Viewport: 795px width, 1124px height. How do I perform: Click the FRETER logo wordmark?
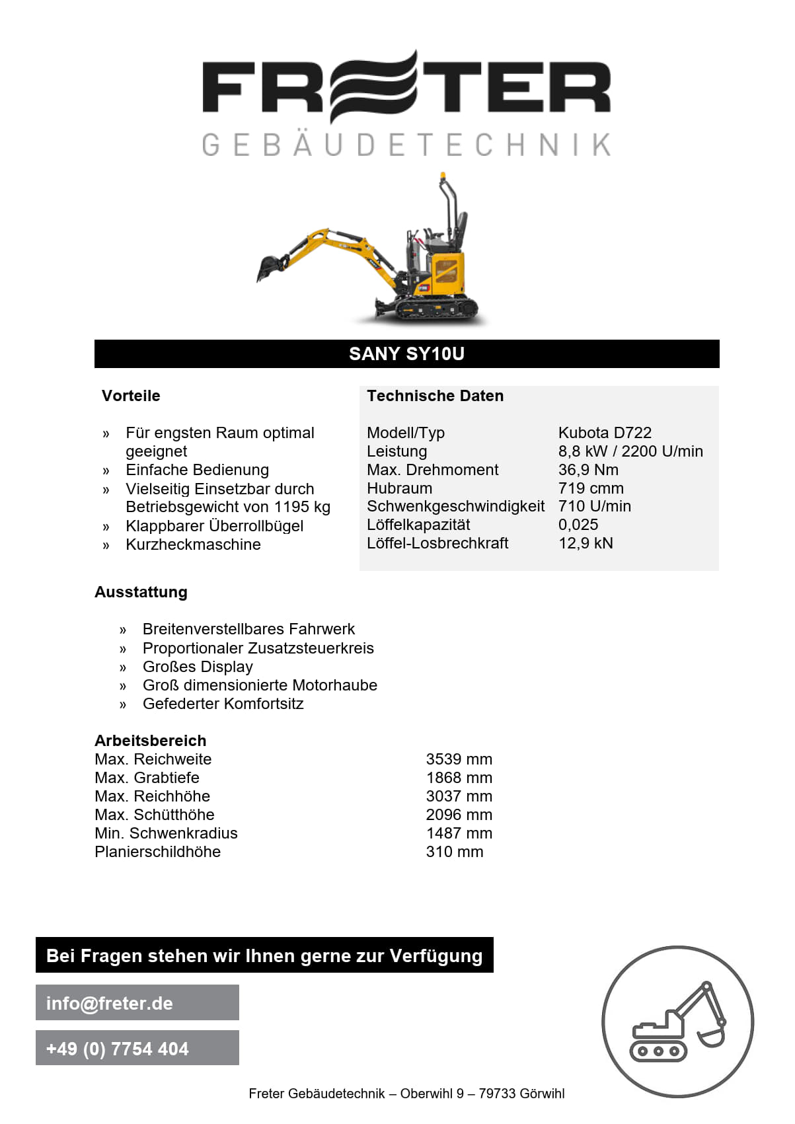pos(406,87)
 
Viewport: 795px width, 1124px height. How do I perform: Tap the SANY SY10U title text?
pos(406,354)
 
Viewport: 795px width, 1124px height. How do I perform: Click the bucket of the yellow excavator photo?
pos(270,267)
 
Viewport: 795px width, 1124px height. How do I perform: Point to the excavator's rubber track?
pos(435,308)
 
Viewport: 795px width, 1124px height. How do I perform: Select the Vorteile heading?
pos(131,396)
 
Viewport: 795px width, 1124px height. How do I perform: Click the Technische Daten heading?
pos(435,396)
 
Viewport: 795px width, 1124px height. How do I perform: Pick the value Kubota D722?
pos(605,433)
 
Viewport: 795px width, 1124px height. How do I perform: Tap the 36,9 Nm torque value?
pos(588,470)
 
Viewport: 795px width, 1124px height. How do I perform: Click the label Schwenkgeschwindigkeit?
pos(455,506)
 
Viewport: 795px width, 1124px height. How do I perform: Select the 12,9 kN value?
pos(586,543)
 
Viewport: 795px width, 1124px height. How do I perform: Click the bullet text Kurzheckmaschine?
pos(193,544)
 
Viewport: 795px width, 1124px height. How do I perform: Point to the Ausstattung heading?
pos(141,592)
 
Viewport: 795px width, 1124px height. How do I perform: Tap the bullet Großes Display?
pos(198,667)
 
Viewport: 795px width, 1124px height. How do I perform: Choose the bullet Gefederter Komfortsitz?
pos(223,704)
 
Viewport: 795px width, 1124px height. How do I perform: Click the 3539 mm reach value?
pos(459,759)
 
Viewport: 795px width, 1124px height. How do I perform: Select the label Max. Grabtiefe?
pos(147,778)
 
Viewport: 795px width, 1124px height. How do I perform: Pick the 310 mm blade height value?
pos(454,852)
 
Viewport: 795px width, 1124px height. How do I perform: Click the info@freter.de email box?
pos(137,1003)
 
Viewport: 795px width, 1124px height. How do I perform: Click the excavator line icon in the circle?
pos(677,1022)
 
